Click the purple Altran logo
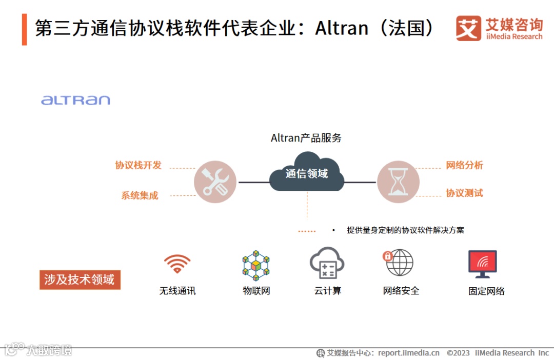click(x=75, y=99)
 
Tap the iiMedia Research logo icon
click(x=468, y=28)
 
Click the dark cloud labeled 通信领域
click(x=307, y=173)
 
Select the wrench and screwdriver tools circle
click(x=215, y=182)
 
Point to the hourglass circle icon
click(x=398, y=182)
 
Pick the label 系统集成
click(x=140, y=195)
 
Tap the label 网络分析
click(x=464, y=165)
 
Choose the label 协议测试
click(x=464, y=193)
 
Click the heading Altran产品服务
click(x=306, y=138)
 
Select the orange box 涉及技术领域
click(x=80, y=280)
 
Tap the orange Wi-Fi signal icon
click(x=177, y=264)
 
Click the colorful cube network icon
click(x=256, y=265)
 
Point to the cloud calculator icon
click(x=327, y=263)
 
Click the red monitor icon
click(x=483, y=264)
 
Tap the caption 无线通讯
click(x=177, y=291)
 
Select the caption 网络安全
click(x=401, y=291)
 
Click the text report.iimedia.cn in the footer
click(x=409, y=353)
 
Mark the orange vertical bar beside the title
click(x=24, y=29)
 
